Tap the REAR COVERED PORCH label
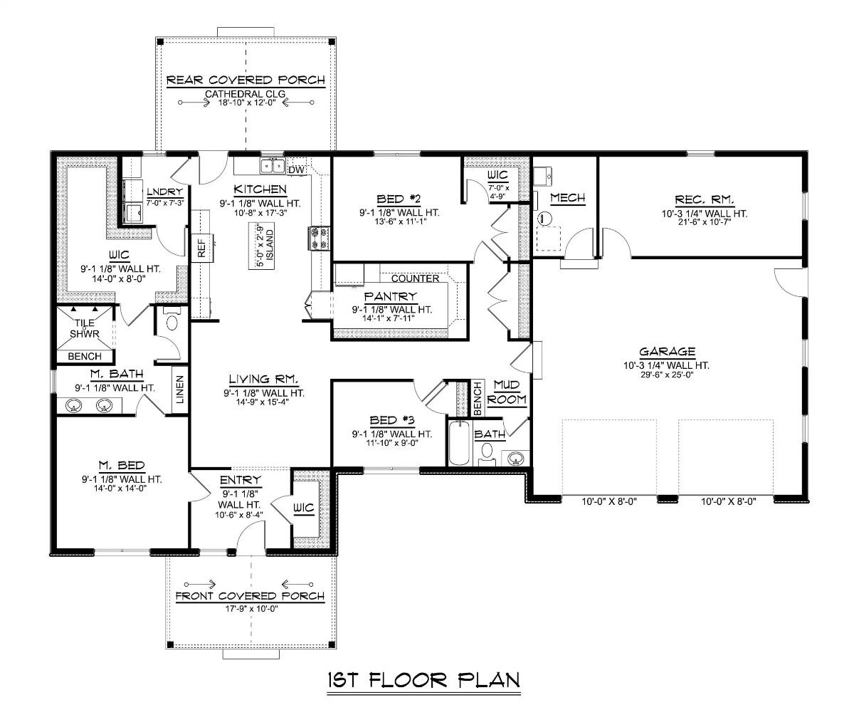(x=246, y=80)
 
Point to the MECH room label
(x=567, y=199)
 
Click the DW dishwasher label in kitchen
(x=296, y=169)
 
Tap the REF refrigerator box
(x=201, y=247)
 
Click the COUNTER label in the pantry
(x=415, y=278)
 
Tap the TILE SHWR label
(x=84, y=328)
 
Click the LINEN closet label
(x=180, y=390)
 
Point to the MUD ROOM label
(x=511, y=392)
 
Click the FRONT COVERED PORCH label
(x=250, y=595)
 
